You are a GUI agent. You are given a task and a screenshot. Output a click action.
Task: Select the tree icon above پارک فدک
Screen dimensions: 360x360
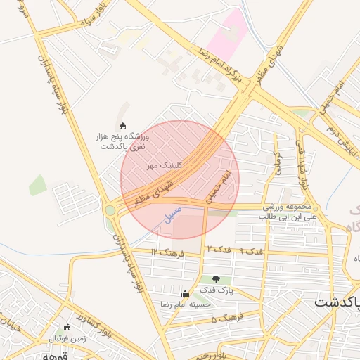(216, 279)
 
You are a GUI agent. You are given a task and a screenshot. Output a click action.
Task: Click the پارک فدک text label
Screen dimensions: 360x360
(216, 290)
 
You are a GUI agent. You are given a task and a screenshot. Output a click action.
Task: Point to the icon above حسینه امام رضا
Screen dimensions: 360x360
(186, 294)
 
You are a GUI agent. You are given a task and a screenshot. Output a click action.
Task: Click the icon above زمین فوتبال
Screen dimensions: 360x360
(67, 327)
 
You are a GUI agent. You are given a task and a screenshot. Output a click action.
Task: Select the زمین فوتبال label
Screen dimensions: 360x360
(67, 337)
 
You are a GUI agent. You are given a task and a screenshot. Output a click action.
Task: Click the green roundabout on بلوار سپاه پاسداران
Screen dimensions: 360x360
(110, 210)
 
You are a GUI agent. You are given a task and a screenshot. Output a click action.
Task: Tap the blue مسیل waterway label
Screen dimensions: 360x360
(173, 214)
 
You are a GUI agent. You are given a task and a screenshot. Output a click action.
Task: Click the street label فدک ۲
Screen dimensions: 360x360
(219, 250)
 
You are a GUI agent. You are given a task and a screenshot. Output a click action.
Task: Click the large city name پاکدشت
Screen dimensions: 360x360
(335, 303)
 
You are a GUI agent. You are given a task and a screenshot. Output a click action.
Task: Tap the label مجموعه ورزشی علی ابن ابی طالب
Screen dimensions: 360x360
(290, 212)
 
